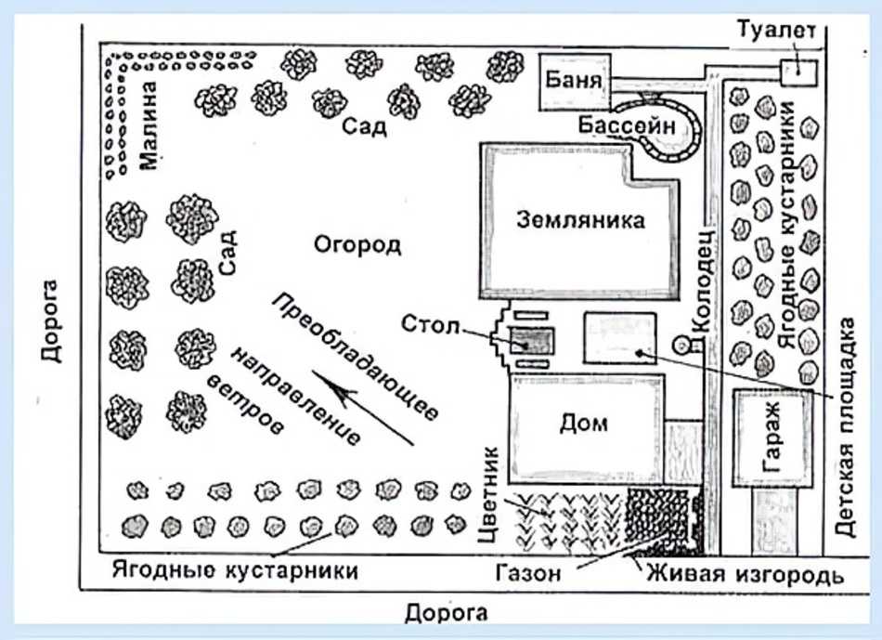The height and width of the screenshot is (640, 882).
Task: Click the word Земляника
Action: (x=580, y=221)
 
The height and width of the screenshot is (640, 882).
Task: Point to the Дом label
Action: (x=585, y=424)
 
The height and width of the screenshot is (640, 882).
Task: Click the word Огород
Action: (x=357, y=246)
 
